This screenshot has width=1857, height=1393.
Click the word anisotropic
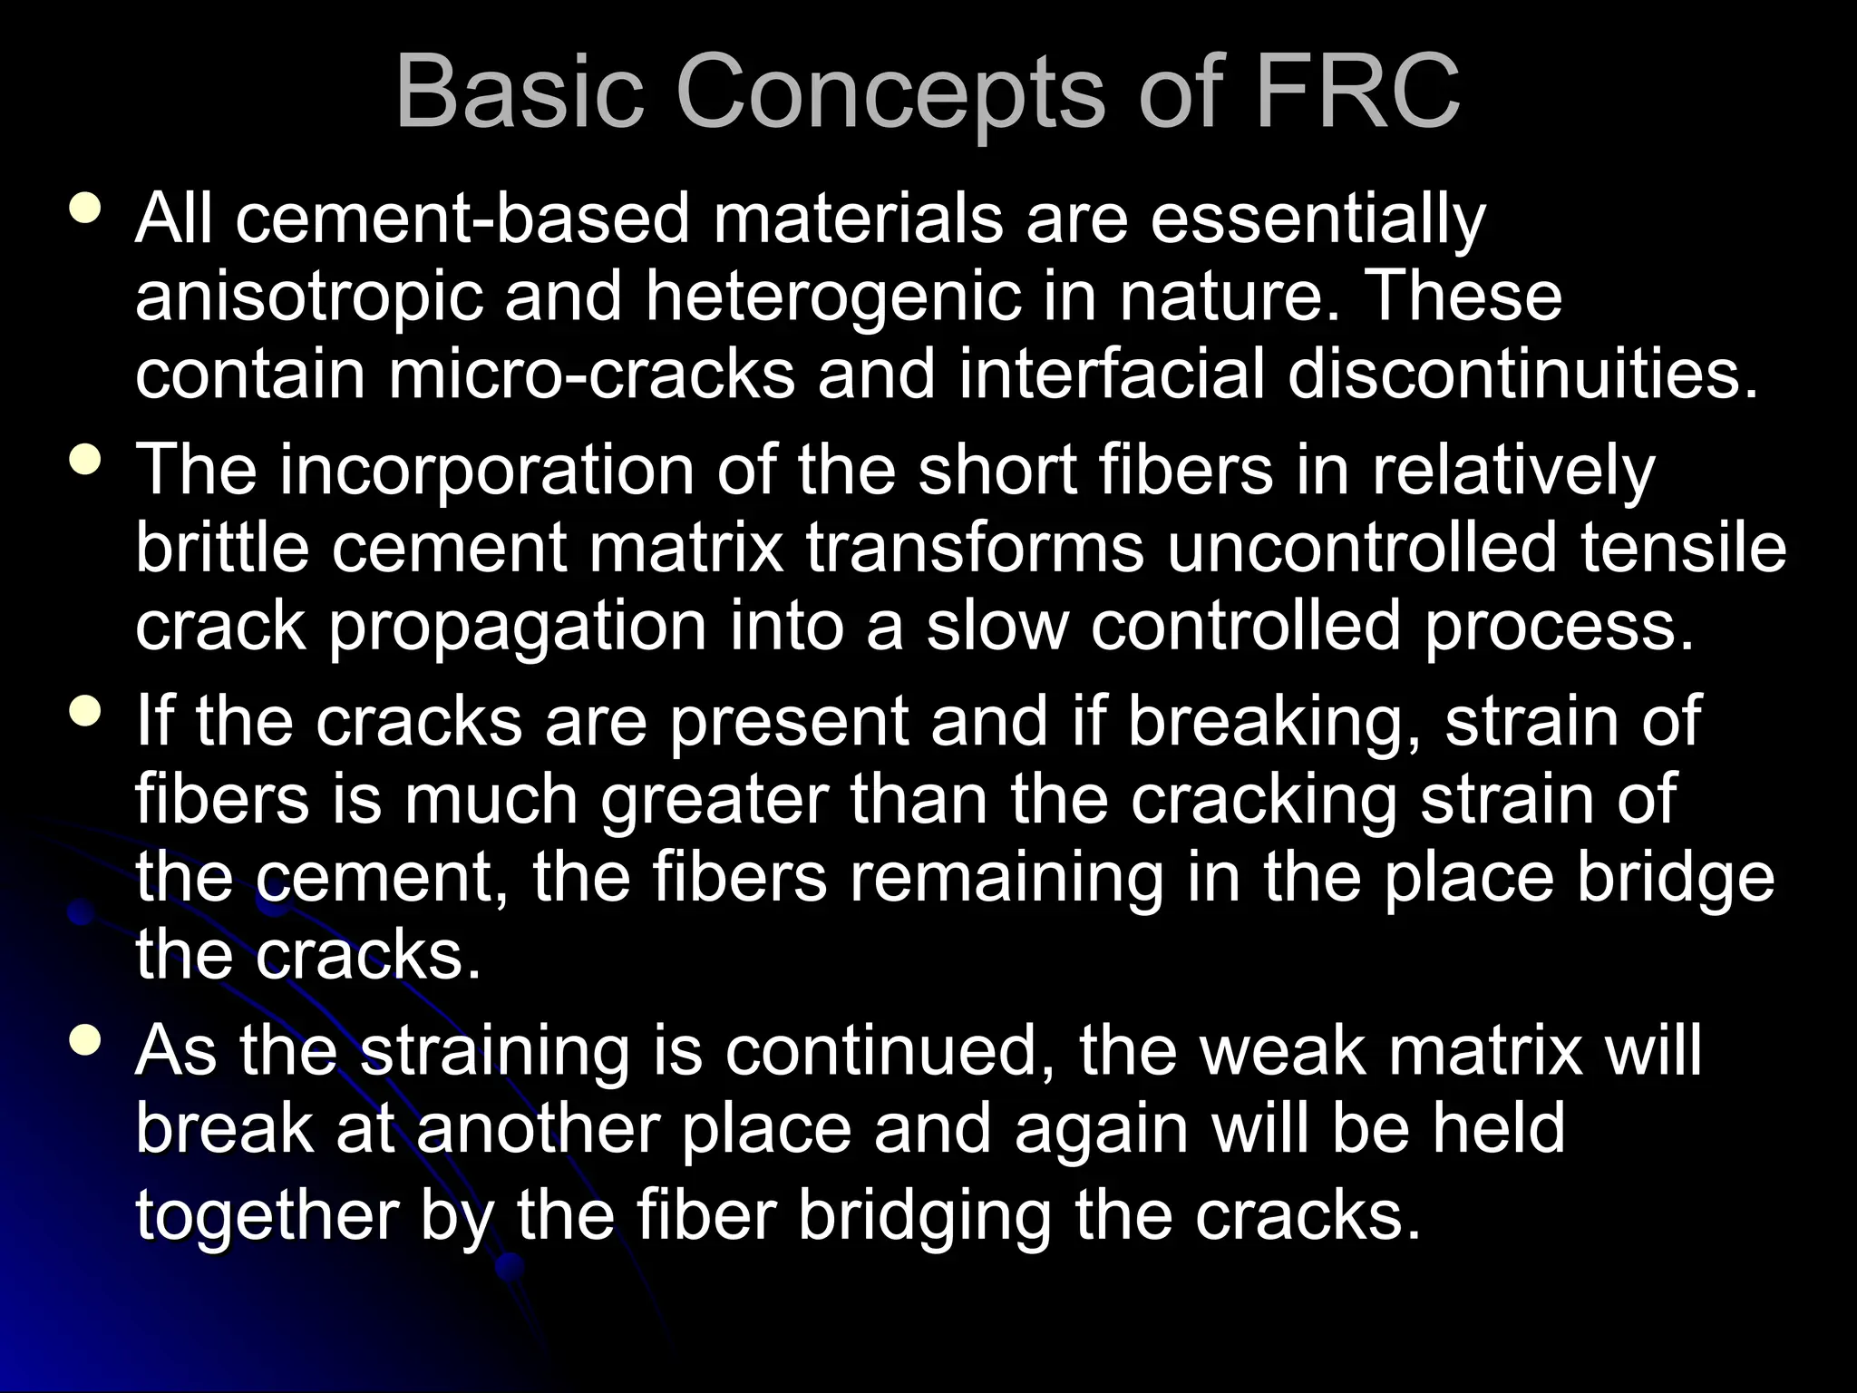(x=308, y=297)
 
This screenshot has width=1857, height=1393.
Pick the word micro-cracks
(x=591, y=374)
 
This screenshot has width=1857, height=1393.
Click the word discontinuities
(x=1523, y=374)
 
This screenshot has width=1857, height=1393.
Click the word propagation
(x=517, y=628)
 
